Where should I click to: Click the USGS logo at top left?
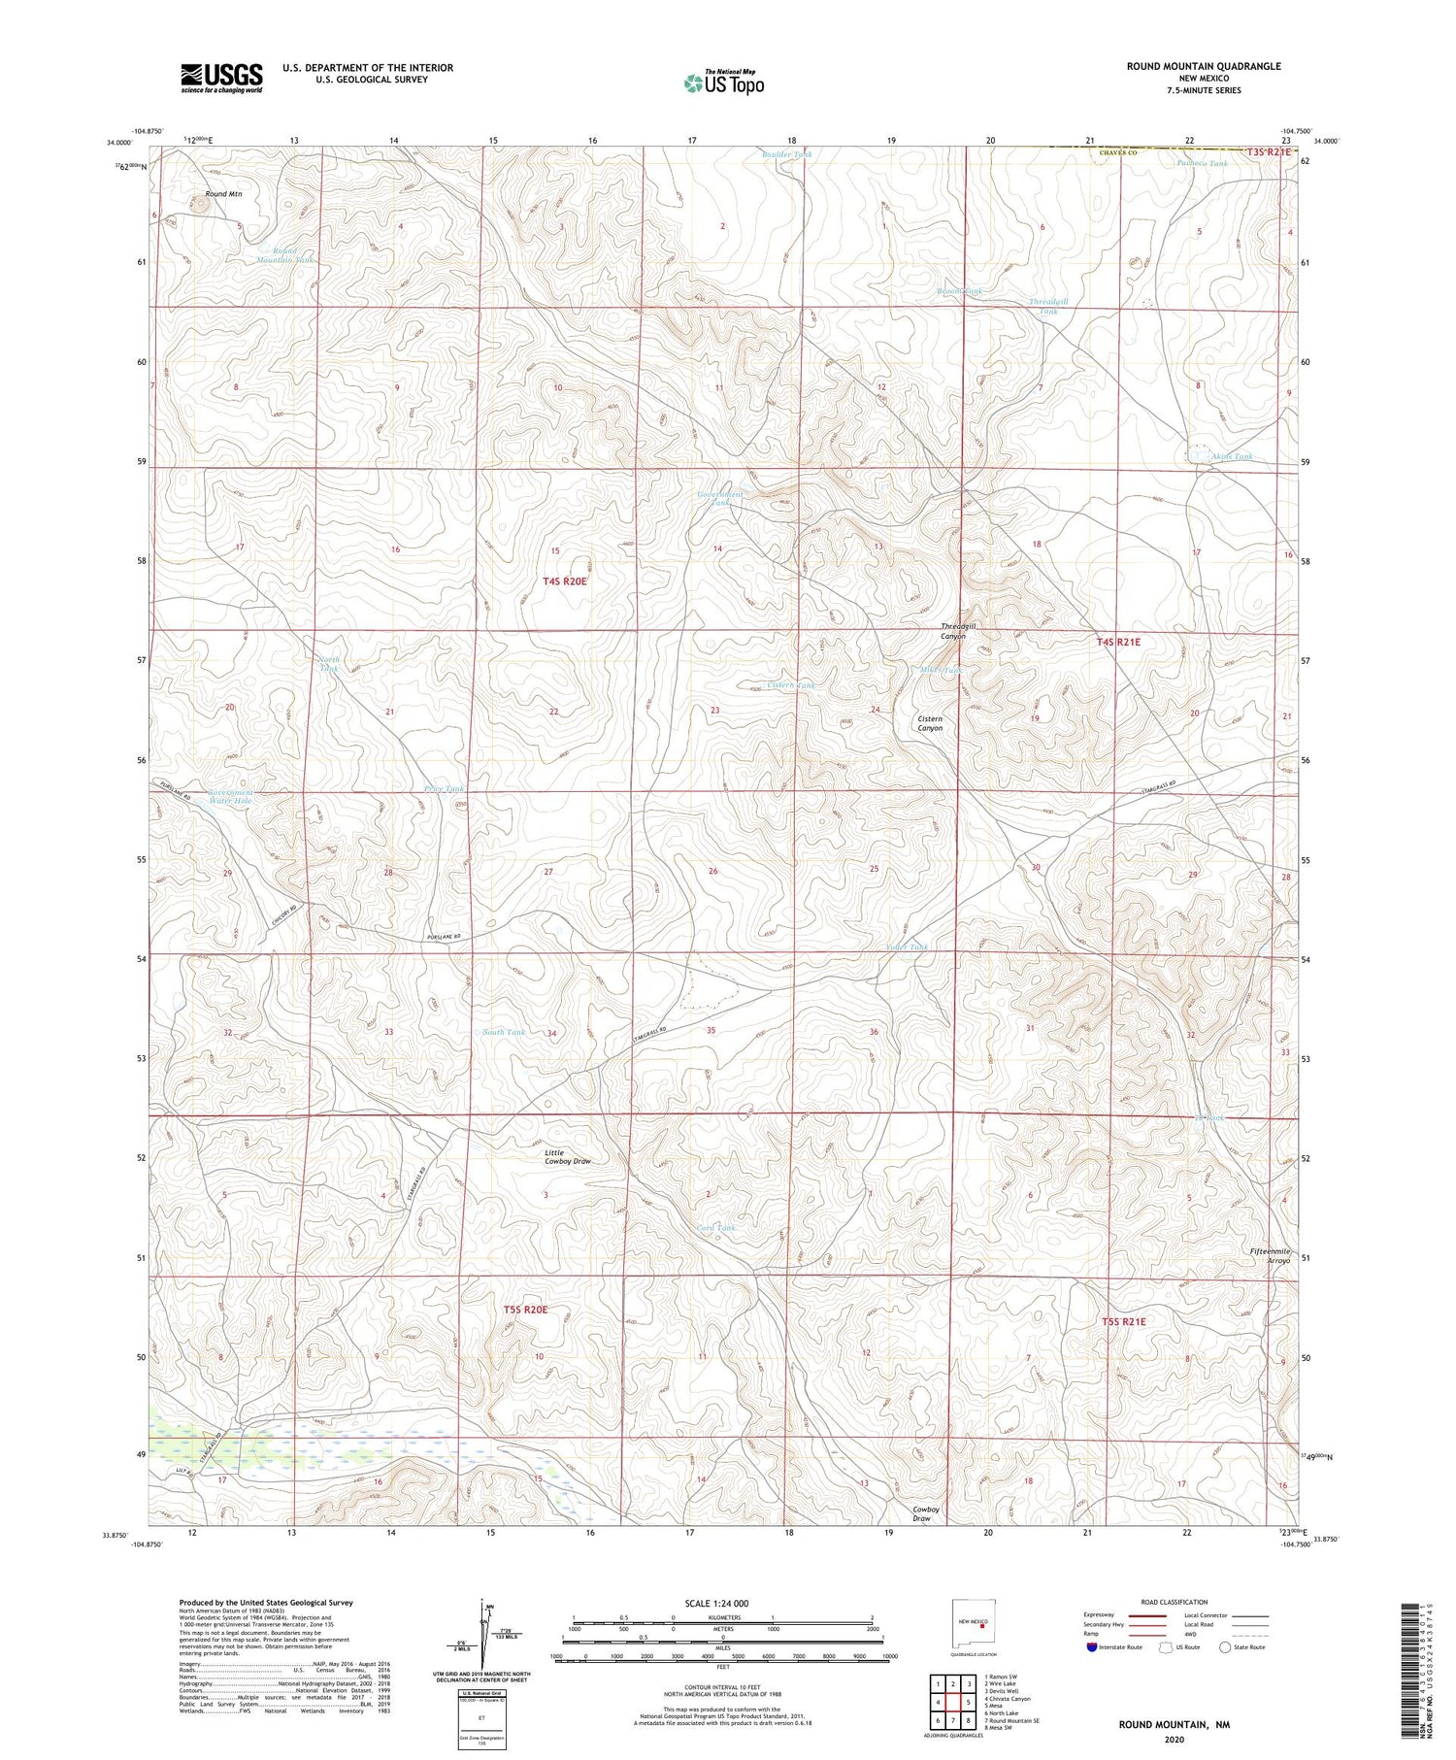point(221,78)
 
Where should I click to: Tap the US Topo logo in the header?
point(723,83)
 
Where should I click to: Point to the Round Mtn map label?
point(223,194)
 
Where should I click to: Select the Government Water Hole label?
point(230,796)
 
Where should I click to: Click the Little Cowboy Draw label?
point(567,1156)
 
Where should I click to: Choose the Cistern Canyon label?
point(930,722)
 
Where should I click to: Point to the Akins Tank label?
point(1231,456)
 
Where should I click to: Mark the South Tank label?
point(504,1032)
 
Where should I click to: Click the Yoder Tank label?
point(907,946)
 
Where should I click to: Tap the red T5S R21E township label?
point(1123,1321)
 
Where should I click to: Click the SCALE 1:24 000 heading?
point(721,1603)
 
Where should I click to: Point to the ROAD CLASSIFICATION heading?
point(1174,1602)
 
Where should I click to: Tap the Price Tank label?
point(444,789)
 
